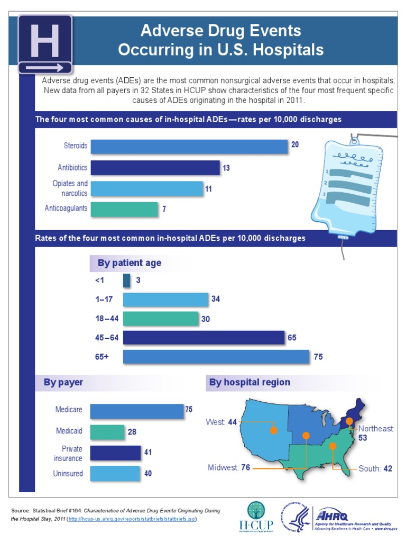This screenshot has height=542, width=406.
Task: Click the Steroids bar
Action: [189, 147]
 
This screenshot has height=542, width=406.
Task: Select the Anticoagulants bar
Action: [124, 209]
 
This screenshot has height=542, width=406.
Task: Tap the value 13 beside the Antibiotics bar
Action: [226, 168]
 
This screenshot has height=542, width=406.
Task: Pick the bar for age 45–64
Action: [204, 337]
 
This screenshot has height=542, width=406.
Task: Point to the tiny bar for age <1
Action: [126, 281]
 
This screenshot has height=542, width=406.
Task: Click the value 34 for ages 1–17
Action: [215, 299]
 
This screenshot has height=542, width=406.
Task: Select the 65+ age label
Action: [102, 357]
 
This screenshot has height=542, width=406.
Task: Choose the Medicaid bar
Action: [107, 432]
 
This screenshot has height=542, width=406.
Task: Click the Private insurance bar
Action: [115, 453]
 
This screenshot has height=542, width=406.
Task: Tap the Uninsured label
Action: [68, 473]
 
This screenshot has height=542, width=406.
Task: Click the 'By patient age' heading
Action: [130, 263]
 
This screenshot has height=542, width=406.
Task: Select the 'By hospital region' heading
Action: [250, 382]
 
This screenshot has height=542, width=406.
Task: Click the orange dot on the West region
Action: [273, 430]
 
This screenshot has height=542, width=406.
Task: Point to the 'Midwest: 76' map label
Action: [228, 467]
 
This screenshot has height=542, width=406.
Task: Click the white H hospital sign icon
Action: [45, 44]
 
